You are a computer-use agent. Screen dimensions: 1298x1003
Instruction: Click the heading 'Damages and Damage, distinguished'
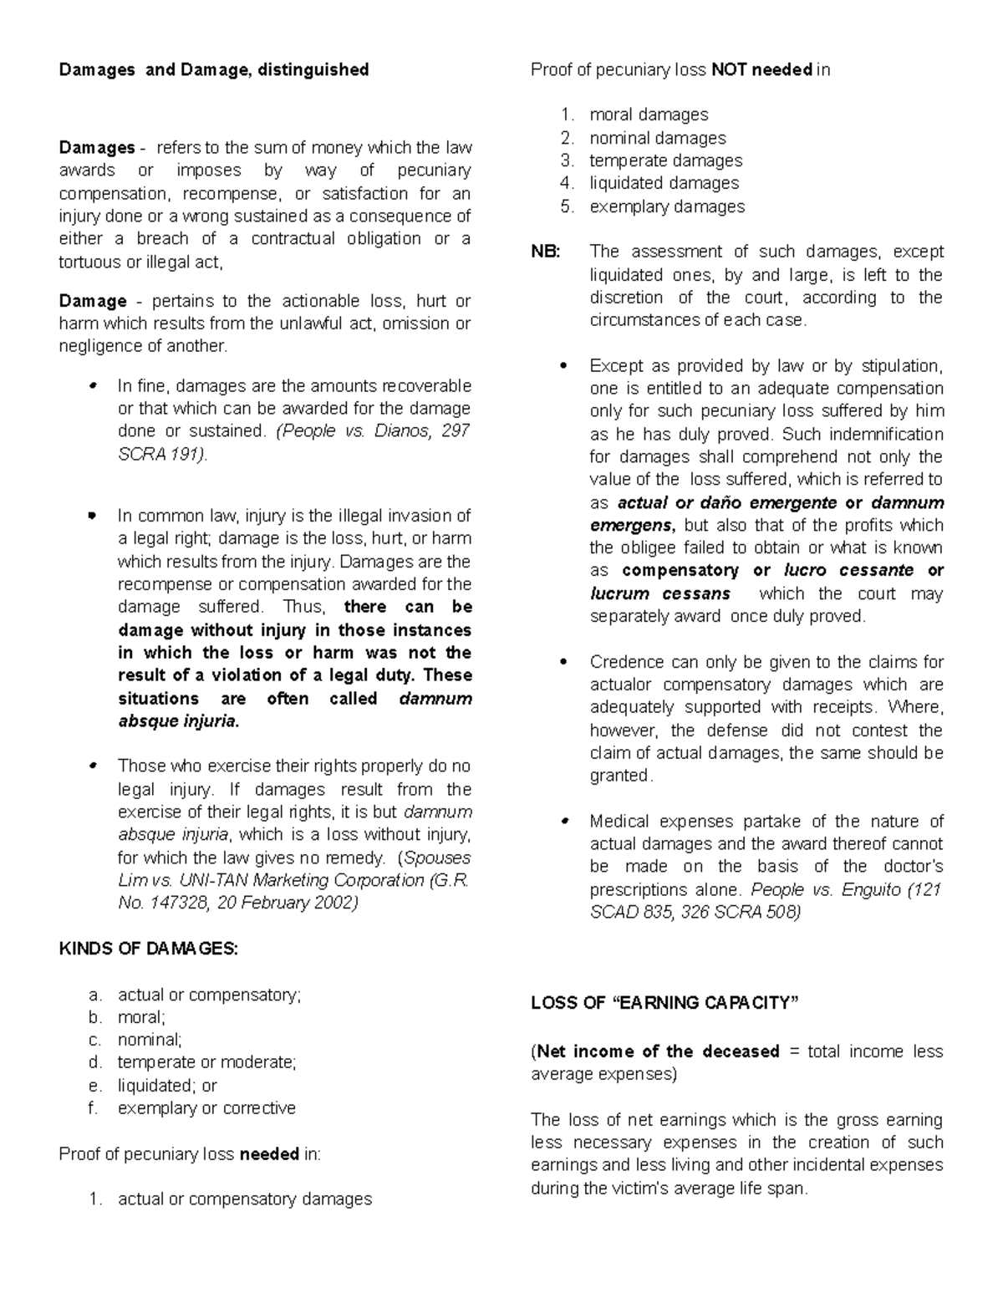[x=213, y=70]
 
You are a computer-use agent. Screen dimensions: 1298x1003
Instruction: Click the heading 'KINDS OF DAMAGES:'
[x=149, y=949]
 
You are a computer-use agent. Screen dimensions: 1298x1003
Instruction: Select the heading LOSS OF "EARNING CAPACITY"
[x=664, y=1003]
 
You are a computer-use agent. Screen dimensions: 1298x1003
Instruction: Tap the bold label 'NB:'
[x=547, y=252]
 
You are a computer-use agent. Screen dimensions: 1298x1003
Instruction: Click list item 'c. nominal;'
[x=150, y=1041]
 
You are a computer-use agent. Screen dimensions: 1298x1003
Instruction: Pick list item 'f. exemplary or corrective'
[x=206, y=1109]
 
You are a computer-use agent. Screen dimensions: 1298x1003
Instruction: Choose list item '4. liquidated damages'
[x=664, y=183]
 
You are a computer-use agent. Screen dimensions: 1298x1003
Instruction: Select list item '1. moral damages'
[x=648, y=115]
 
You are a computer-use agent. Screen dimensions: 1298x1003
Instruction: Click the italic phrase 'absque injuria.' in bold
[x=178, y=721]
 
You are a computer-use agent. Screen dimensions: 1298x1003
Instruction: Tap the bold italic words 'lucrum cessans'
[x=659, y=594]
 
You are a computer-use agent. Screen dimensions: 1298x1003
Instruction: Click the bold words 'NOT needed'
[x=761, y=70]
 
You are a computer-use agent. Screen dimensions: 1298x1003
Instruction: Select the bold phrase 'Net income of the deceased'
[x=657, y=1051]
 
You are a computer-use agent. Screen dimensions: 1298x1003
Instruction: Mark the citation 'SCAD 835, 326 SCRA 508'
[x=694, y=913]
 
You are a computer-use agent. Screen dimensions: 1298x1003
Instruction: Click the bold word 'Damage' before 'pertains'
[x=93, y=301]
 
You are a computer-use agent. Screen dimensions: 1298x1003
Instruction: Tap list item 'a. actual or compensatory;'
[x=208, y=995]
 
